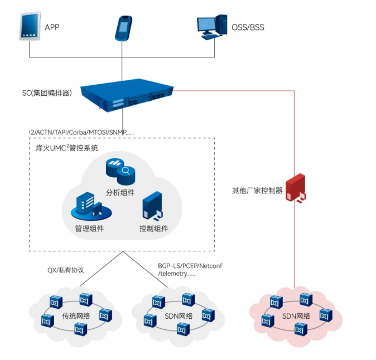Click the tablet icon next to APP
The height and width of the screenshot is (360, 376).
pos(30,27)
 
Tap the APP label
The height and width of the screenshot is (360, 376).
pos(52,27)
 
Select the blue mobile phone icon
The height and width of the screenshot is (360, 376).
pos(122,27)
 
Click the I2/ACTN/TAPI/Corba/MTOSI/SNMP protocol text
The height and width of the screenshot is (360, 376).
pos(81,132)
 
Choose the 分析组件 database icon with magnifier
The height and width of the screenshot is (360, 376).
pos(120,172)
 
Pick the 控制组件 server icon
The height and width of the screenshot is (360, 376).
pos(153,207)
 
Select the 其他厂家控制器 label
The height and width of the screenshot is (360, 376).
pos(257,190)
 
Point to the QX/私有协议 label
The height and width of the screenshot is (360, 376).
pos(65,270)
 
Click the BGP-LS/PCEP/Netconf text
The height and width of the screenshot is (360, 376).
pos(190,266)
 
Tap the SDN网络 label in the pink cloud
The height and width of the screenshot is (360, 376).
pos(296,315)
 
